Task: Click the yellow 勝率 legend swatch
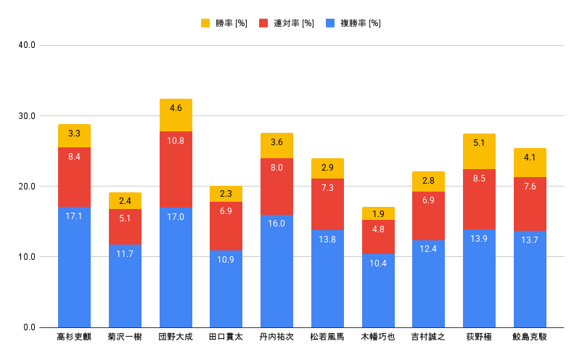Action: click(x=205, y=23)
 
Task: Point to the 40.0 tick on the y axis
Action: click(x=27, y=46)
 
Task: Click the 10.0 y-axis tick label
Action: click(x=27, y=257)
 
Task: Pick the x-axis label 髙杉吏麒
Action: click(x=74, y=337)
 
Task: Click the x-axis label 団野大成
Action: click(x=176, y=337)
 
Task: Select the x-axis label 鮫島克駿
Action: click(x=530, y=337)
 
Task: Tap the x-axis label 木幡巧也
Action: click(x=378, y=337)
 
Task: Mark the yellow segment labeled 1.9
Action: click(x=378, y=213)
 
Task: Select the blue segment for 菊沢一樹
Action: click(x=125, y=286)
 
